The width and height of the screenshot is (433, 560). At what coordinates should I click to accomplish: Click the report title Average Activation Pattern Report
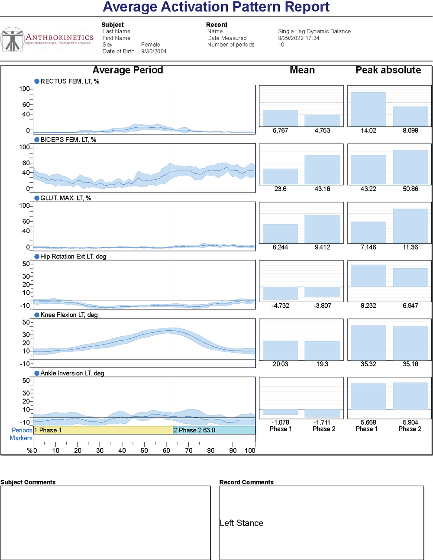[216, 7]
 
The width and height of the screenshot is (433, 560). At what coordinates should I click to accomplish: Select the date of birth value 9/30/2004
[154, 51]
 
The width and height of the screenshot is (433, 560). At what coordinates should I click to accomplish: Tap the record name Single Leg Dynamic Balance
[314, 32]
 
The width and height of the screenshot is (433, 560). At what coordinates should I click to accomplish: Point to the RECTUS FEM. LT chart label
[70, 81]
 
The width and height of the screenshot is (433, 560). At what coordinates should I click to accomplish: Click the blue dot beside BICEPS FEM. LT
[37, 140]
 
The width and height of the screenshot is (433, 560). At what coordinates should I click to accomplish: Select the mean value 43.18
[322, 189]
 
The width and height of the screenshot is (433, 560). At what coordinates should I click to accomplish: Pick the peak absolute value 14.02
[368, 131]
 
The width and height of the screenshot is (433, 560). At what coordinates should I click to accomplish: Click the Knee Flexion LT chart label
[69, 315]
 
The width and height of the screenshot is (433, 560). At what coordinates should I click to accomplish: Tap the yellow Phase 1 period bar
[103, 430]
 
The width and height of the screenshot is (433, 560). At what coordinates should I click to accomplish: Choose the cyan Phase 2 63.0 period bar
[214, 430]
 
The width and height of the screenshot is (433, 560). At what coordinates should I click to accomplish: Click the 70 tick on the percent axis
[189, 451]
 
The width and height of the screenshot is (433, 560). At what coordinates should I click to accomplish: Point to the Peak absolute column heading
[388, 70]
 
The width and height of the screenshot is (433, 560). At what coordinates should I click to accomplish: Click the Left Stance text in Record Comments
[242, 523]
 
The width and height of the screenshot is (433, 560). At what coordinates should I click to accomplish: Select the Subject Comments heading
[28, 483]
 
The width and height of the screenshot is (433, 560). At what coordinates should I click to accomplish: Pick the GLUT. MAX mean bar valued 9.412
[322, 229]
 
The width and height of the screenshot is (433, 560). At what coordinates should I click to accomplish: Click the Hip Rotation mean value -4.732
[280, 306]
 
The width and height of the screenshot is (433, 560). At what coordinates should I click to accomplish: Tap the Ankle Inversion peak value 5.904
[410, 422]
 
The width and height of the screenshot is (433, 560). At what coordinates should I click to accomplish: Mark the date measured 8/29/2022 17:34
[299, 38]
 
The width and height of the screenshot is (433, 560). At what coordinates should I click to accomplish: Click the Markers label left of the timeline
[21, 438]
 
